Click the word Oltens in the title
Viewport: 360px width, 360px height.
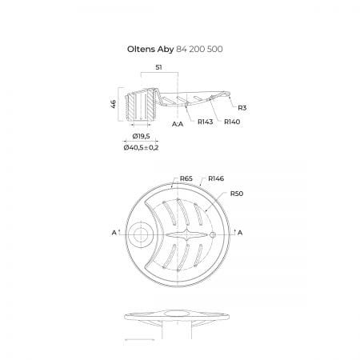click(141, 49)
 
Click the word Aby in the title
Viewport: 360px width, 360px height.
click(166, 50)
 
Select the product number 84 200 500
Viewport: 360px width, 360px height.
click(199, 49)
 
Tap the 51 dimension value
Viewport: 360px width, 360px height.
click(158, 67)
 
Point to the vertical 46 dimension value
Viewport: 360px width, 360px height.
click(114, 104)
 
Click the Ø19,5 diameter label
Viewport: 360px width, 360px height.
click(141, 136)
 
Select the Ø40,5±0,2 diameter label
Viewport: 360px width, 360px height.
click(141, 147)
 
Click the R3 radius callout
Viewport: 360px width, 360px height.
click(242, 108)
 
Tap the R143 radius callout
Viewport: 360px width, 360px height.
click(206, 122)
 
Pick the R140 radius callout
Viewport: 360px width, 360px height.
click(232, 122)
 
